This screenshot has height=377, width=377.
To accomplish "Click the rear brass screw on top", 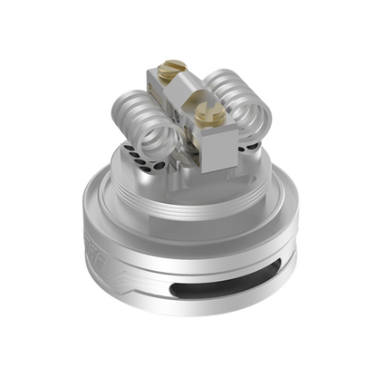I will pos(175,67).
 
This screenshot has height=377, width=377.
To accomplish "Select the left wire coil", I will pos(145,121).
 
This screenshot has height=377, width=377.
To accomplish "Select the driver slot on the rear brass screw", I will pos(175,67).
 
